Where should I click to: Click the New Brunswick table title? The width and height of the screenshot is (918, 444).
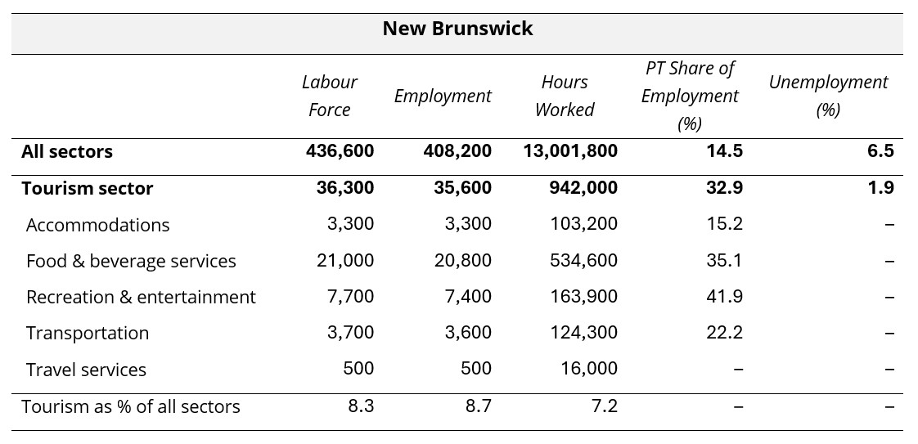[x=457, y=29]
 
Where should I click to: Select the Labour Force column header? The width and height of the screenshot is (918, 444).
[x=329, y=96]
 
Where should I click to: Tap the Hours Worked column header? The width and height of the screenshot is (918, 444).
[x=564, y=96]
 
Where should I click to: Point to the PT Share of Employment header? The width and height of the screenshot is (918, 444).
[x=689, y=96]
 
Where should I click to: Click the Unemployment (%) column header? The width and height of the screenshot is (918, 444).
[x=827, y=96]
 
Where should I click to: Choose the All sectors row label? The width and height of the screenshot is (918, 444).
[x=67, y=151]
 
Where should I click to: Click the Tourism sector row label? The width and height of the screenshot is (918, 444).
[x=88, y=188]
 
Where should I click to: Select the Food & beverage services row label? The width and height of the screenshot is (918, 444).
[x=131, y=261]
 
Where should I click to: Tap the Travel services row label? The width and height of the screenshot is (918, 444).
[x=86, y=370]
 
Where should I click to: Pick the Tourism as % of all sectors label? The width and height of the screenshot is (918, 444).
[x=131, y=406]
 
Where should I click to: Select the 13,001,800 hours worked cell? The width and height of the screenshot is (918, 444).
[x=569, y=151]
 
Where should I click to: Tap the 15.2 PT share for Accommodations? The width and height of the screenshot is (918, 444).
[x=725, y=224]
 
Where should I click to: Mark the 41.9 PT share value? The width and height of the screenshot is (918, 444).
[x=725, y=297]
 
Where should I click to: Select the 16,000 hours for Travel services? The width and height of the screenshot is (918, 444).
[x=589, y=369]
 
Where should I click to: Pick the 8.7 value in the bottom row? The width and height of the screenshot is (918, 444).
[x=477, y=406]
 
